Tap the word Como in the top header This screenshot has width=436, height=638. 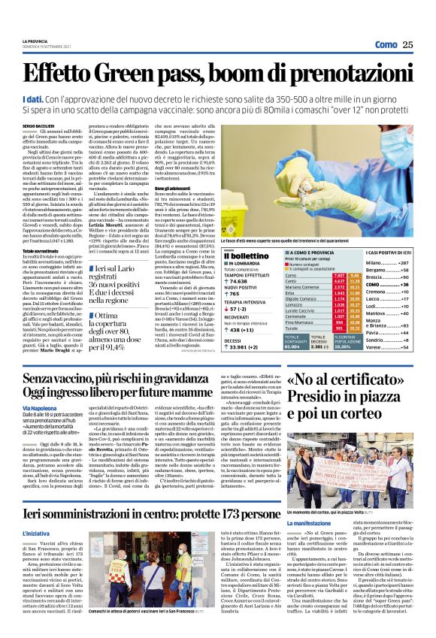pyautogui.click(x=386, y=45)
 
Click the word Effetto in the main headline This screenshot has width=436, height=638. pyautogui.click(x=59, y=75)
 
